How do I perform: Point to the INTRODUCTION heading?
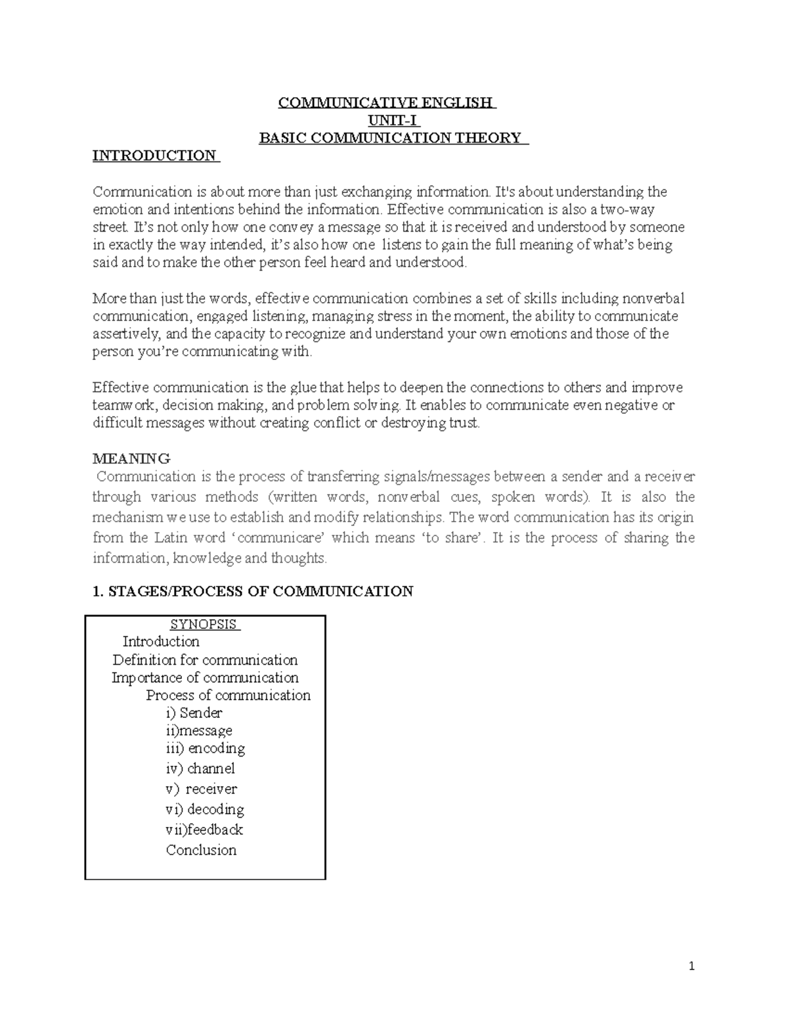click(x=154, y=156)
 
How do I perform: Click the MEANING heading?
click(x=131, y=458)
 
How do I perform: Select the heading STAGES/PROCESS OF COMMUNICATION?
click(x=253, y=591)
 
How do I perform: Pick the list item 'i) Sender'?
click(x=194, y=713)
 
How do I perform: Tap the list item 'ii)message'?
click(x=199, y=730)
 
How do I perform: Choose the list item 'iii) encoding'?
click(x=205, y=748)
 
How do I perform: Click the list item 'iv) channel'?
click(x=200, y=768)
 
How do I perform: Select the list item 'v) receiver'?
click(x=201, y=788)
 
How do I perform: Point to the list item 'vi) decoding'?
click(x=205, y=809)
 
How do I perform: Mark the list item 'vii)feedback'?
click(x=204, y=829)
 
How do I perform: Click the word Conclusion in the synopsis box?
click(x=201, y=849)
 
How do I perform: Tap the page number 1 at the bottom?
click(x=691, y=966)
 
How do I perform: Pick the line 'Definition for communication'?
click(x=205, y=659)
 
